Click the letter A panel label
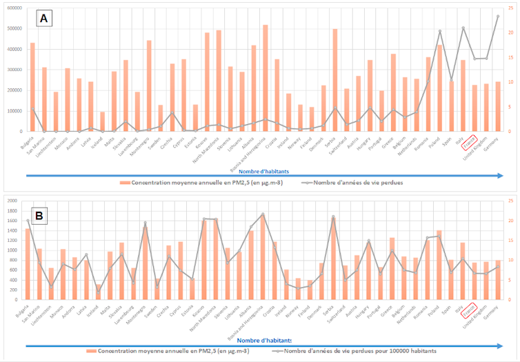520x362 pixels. tap(43, 19)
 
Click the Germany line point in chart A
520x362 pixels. tap(497, 16)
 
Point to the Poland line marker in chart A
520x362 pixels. tap(439, 31)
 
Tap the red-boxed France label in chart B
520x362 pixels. tap(470, 311)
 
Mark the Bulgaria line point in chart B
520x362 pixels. tap(28, 221)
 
